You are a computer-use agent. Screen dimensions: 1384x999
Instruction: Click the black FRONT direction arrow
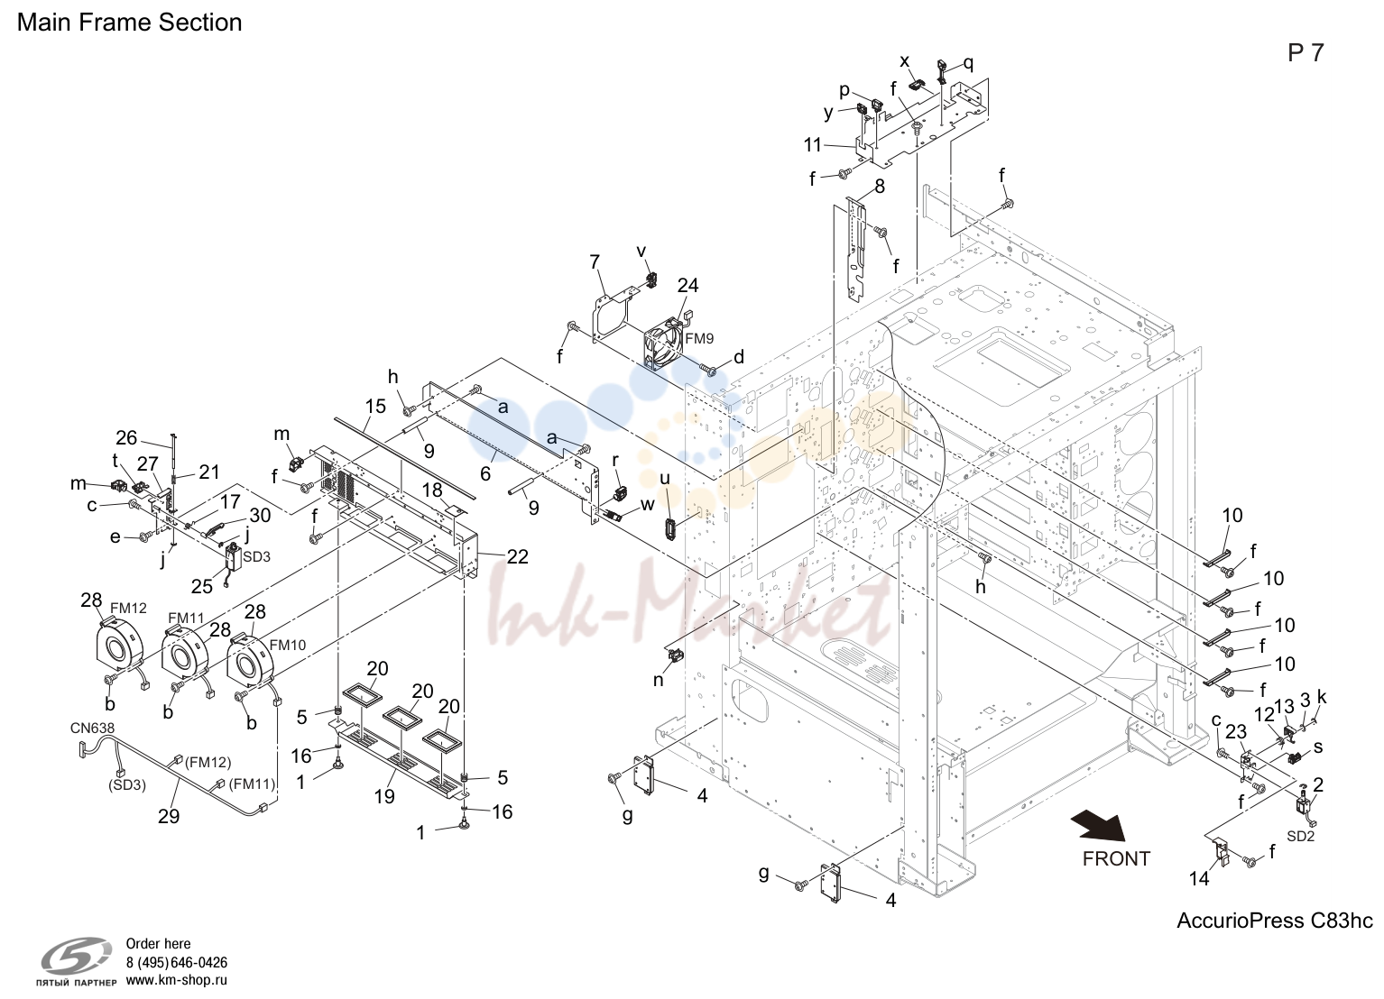[x=1099, y=826]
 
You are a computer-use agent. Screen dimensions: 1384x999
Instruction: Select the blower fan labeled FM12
[x=120, y=646]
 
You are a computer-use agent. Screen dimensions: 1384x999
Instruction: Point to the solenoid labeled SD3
[x=235, y=559]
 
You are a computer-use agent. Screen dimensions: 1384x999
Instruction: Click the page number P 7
[x=1306, y=53]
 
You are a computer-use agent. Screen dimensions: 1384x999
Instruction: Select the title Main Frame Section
[x=129, y=23]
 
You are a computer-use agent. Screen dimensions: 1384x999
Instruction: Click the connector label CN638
[x=93, y=729]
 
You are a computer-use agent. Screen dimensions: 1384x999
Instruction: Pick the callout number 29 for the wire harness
[x=168, y=816]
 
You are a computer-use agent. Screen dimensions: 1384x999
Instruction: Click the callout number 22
[x=517, y=557]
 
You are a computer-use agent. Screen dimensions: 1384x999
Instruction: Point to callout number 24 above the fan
[x=687, y=285]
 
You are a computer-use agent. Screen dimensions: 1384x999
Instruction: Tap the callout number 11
[x=813, y=145]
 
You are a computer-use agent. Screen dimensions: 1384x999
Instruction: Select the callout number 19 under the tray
[x=384, y=796]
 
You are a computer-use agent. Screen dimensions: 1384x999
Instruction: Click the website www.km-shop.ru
[x=177, y=980]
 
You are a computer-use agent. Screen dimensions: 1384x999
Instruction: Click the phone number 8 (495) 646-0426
[x=177, y=963]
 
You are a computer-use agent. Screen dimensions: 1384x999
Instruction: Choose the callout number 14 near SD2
[x=1199, y=878]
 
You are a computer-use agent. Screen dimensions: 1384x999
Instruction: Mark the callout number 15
[x=375, y=406]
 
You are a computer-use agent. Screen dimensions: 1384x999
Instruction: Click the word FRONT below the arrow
[x=1116, y=859]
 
